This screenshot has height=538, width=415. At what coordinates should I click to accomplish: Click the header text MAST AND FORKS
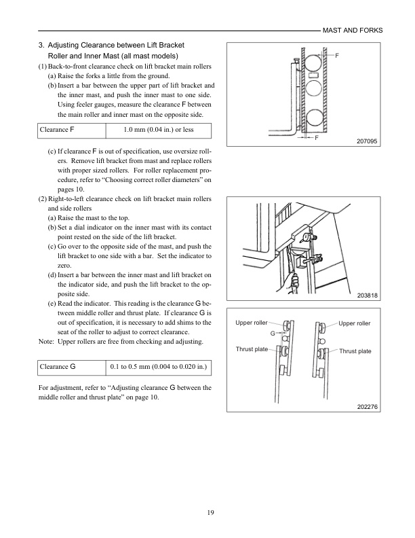point(352,31)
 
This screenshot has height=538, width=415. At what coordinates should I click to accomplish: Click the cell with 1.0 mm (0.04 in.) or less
point(156,129)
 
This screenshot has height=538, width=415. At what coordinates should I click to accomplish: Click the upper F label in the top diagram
point(337,54)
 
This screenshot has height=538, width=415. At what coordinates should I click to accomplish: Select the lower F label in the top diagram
point(316,137)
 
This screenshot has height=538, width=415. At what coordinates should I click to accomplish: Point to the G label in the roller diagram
point(273,334)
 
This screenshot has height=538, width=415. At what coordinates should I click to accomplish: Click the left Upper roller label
point(252,323)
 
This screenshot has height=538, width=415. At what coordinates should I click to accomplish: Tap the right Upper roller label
point(355,323)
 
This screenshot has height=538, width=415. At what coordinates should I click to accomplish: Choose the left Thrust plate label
point(252,348)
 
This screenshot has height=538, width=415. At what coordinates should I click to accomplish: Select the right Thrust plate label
point(355,351)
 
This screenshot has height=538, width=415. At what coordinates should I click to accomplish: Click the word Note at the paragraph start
point(45,340)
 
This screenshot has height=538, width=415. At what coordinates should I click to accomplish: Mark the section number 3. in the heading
point(41,45)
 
